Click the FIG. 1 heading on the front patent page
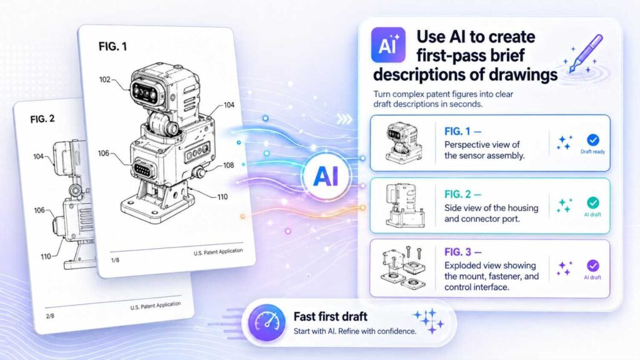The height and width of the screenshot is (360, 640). click(x=112, y=46)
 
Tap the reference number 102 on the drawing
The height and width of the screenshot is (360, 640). click(x=105, y=79)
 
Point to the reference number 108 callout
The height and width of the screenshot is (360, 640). click(x=229, y=165)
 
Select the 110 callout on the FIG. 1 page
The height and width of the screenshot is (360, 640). click(x=222, y=197)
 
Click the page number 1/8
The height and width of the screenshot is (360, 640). click(x=115, y=260)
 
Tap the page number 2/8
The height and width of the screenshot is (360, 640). click(x=50, y=316)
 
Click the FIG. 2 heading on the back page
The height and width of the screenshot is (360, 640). click(x=42, y=119)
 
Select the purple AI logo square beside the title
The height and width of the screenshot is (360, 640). click(x=388, y=45)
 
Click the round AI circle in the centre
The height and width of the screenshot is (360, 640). click(x=326, y=177)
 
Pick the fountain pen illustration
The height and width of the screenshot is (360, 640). click(x=586, y=54)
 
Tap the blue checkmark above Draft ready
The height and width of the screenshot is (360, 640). click(x=593, y=140)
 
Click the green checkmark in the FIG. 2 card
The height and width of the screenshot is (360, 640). click(x=593, y=203)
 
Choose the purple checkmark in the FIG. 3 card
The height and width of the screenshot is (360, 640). click(x=593, y=266)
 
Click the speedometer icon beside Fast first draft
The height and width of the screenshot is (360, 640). click(x=267, y=322)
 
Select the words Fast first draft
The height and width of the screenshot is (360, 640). click(x=330, y=316)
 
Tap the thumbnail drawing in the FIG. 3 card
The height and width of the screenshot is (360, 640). click(x=404, y=267)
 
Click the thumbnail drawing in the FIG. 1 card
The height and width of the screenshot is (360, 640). click(x=404, y=142)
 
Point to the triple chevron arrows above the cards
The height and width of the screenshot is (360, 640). click(x=344, y=119)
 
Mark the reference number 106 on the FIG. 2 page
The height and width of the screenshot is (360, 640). click(x=39, y=210)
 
